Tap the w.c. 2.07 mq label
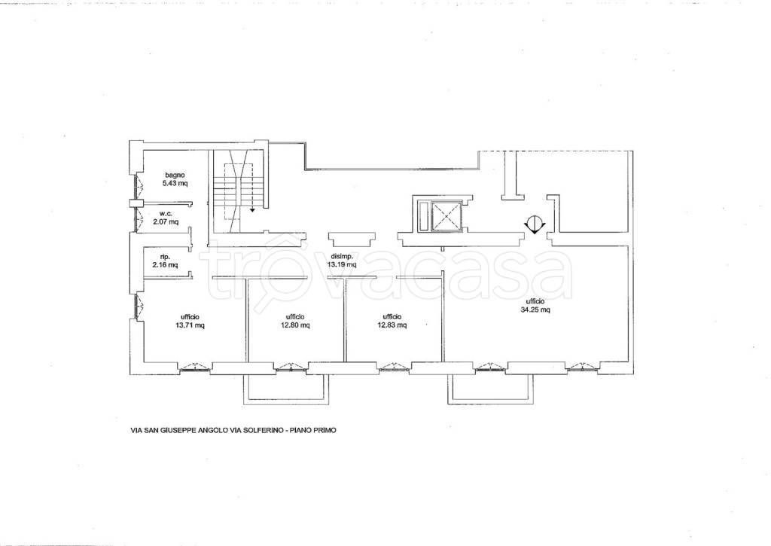point(166,218)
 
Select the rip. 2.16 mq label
point(165,261)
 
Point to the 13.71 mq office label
point(190,322)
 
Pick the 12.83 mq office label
point(392,321)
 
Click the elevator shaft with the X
point(446,215)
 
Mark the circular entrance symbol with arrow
point(535,224)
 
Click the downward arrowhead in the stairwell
point(252,209)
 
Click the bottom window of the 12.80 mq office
point(291,366)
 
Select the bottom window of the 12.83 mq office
point(393,366)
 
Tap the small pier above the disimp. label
point(351,239)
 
